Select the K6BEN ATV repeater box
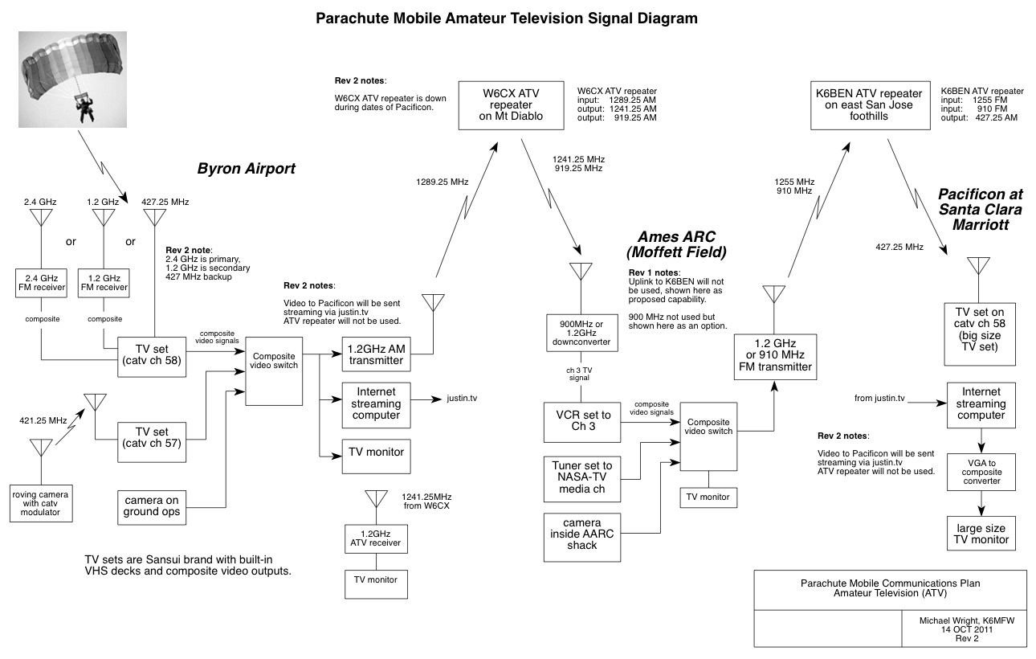coord(868,104)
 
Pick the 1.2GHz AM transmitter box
coord(376,354)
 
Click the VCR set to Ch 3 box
coord(583,421)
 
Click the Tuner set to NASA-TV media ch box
coord(583,477)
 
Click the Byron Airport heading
coord(247,169)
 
